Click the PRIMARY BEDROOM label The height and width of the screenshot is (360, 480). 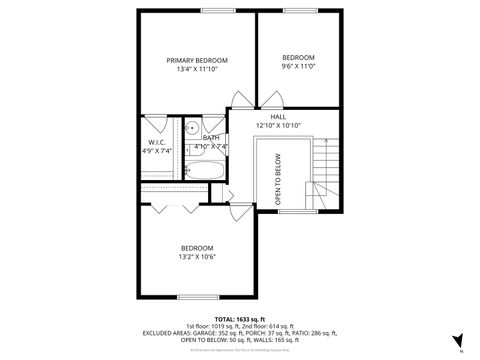point(196,60)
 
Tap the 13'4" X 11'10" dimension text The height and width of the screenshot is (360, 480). point(196,69)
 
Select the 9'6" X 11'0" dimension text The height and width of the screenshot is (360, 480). point(298,66)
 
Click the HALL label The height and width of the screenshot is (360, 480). point(278,117)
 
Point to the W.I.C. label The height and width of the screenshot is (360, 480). point(155,143)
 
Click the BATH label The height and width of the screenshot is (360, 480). point(210,138)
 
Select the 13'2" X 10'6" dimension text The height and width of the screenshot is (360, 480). point(196,257)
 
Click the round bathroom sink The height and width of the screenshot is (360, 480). point(190,128)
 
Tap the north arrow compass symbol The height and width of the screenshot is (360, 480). point(458,341)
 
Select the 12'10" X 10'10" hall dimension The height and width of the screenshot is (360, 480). point(278,126)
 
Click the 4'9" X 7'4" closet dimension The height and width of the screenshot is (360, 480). point(155,152)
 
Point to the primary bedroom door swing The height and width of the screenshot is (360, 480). point(242,99)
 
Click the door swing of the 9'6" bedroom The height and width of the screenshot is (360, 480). point(271,99)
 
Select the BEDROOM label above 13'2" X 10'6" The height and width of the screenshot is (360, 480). point(196,248)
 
